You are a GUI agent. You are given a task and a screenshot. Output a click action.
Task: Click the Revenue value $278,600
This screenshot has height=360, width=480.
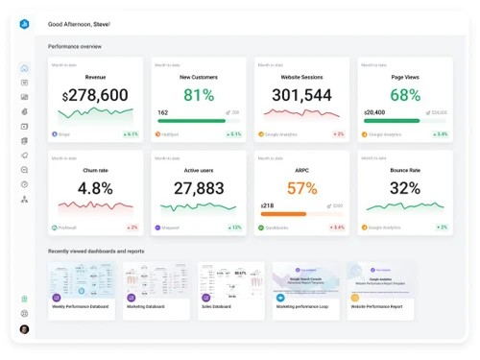[x=95, y=95]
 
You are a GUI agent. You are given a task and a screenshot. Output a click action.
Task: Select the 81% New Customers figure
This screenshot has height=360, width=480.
[x=199, y=95]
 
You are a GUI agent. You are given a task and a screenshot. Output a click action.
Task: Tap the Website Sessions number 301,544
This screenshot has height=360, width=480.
[x=301, y=95]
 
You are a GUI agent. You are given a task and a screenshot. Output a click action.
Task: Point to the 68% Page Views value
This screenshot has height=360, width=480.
[x=405, y=95]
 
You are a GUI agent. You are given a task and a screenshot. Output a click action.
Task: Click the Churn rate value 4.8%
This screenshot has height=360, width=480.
[x=95, y=188]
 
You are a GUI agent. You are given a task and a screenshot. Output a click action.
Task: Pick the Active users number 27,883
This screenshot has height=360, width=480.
[x=199, y=188]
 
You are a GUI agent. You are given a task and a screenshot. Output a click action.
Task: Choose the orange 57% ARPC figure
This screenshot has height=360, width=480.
[x=301, y=188]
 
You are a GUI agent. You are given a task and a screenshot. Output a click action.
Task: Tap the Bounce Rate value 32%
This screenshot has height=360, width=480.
[x=405, y=188]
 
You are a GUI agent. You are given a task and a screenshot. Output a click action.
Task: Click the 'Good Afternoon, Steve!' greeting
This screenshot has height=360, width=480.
[x=79, y=23]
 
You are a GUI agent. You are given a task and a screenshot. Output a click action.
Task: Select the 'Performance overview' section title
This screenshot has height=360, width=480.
[x=75, y=46]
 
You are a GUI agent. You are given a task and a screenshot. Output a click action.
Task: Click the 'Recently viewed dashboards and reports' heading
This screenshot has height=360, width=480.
[x=96, y=252]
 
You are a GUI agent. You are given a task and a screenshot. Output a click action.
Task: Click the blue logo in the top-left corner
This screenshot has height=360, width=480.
[x=25, y=24]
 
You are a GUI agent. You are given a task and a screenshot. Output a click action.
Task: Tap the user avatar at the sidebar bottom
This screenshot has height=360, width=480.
[x=25, y=329]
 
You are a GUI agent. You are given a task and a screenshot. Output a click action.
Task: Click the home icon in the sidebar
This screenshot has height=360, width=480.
[x=25, y=68]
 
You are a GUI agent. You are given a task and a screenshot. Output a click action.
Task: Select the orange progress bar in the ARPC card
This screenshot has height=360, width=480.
[x=282, y=214]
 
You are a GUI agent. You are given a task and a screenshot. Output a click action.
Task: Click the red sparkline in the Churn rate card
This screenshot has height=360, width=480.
[x=95, y=205]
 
